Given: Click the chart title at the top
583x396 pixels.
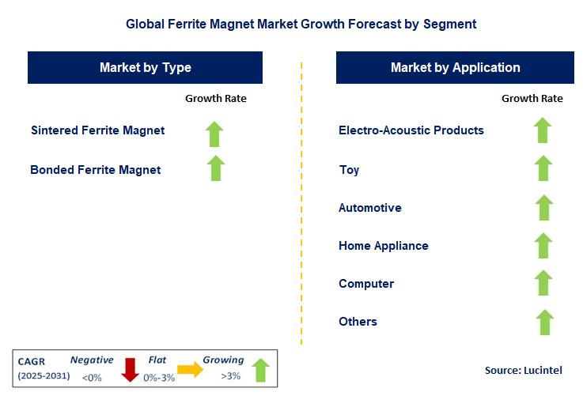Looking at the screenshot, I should point(301,24).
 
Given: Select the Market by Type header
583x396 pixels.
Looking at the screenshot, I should point(146,68).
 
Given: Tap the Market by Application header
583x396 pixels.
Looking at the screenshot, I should point(455,68).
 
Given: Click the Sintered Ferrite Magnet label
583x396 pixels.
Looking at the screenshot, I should point(98,130).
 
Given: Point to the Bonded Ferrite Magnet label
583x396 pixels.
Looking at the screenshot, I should point(96,169).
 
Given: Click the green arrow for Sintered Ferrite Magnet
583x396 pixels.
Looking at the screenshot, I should point(215,134).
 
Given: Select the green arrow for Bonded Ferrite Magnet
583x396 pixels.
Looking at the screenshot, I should point(215,168).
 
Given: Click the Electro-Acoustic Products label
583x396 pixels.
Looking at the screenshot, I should point(411,130).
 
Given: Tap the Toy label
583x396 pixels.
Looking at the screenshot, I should point(349,169).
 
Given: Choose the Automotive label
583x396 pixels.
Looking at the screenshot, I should point(369,208).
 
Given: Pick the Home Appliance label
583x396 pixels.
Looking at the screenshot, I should point(383,246).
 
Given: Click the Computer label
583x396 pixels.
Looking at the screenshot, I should point(365,284).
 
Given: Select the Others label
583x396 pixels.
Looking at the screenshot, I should point(358,322).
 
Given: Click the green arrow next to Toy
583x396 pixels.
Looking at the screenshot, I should point(543,168).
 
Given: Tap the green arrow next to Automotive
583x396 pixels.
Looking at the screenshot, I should point(543,207).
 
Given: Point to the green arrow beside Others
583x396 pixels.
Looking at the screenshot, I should point(543,322).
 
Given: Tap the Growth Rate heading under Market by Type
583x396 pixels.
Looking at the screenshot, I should point(216,99).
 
